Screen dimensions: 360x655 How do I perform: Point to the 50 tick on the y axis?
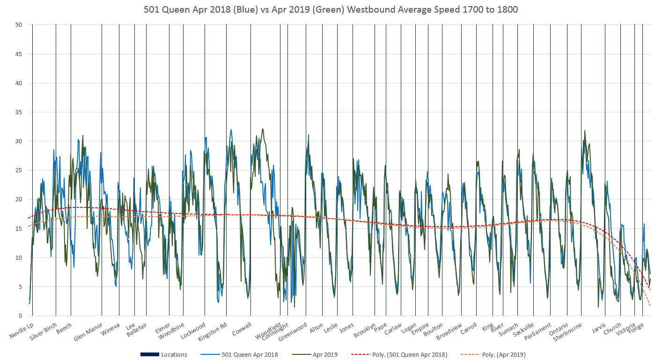point(19,25)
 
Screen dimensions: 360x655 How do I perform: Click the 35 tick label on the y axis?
point(19,112)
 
